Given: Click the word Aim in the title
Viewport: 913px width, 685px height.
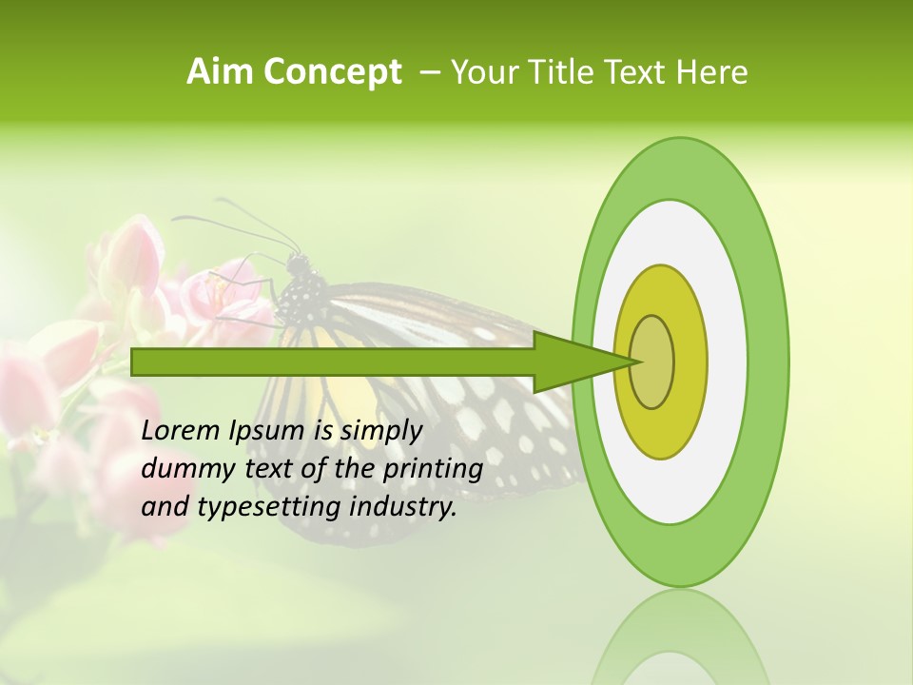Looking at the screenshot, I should coord(221,72).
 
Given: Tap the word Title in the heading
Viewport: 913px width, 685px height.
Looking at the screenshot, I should coord(568,72).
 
